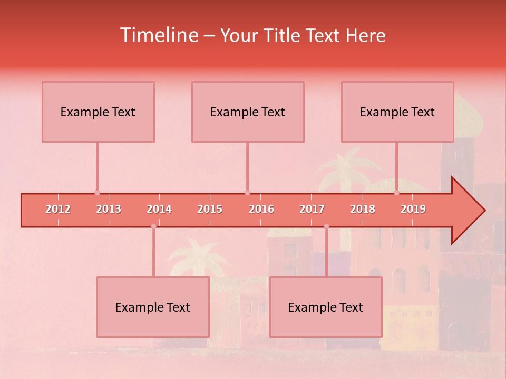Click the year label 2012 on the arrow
tap(58, 209)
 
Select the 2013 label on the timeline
tap(109, 209)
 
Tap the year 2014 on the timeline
tap(159, 209)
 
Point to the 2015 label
tap(210, 209)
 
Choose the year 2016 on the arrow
tap(261, 209)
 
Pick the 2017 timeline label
tap(312, 209)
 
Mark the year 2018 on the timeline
tap(363, 209)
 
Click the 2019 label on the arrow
tap(413, 209)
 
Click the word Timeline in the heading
tap(158, 35)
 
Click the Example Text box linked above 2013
tap(98, 112)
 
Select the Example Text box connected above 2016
tap(248, 112)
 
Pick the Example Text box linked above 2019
tap(397, 112)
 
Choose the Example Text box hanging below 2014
tap(153, 307)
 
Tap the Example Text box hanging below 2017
tap(326, 307)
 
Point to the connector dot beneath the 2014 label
tap(153, 226)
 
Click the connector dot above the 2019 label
tap(397, 193)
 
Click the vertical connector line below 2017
tap(326, 253)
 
